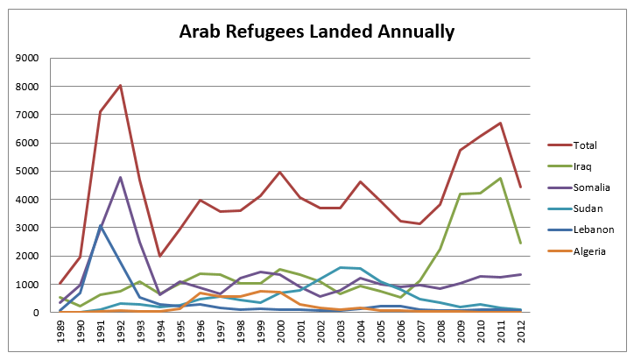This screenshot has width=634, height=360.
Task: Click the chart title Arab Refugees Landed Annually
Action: [x=317, y=32]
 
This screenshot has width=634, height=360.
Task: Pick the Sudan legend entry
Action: [x=575, y=208]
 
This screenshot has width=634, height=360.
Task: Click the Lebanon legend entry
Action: [x=581, y=229]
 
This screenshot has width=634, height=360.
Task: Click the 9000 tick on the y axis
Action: [x=27, y=58]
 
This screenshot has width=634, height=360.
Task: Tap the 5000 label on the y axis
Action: [x=27, y=171]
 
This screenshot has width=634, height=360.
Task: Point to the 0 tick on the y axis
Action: [x=36, y=313]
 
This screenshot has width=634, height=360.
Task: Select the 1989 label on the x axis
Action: [x=60, y=332]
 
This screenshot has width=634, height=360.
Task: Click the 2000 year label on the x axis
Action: [x=280, y=332]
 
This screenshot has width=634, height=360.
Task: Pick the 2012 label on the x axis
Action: [x=521, y=332]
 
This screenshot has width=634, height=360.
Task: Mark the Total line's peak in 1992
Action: [x=121, y=85]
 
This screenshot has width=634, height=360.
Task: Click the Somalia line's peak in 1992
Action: [x=121, y=177]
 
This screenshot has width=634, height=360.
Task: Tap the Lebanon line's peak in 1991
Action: [x=101, y=226]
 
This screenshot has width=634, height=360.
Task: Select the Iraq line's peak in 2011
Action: [x=501, y=178]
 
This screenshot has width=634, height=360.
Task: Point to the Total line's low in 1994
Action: [x=160, y=256]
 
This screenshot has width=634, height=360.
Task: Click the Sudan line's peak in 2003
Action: [x=341, y=267]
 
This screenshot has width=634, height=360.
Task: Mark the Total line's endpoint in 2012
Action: [x=521, y=187]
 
